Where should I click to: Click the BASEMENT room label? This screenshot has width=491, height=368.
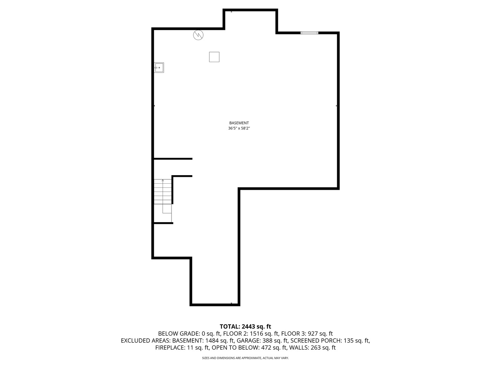239,123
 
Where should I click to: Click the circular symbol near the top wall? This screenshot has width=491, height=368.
198,35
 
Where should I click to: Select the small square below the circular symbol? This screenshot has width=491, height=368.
214,57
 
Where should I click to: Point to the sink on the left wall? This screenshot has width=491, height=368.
159,67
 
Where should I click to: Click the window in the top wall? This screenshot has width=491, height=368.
309,33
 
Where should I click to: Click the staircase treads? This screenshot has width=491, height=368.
163,192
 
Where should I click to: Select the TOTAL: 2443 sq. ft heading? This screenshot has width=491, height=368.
245,326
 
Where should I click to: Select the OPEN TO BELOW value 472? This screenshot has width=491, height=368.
267,348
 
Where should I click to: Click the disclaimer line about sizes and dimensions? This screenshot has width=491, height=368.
245,358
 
